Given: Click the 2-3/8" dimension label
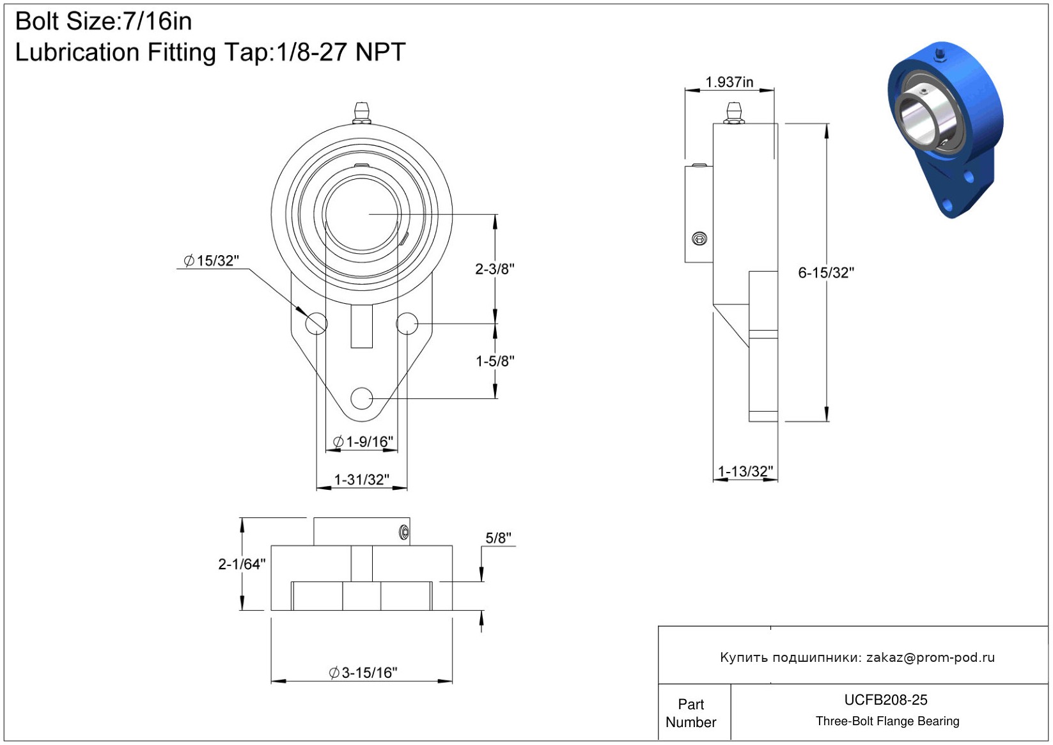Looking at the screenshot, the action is [495, 269].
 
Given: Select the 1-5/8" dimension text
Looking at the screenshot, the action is [495, 361].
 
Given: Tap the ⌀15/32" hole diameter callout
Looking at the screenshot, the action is [211, 260].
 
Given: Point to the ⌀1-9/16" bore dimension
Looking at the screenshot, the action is [363, 442].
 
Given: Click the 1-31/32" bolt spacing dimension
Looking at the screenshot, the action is [361, 479].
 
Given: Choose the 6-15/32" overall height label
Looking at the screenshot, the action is [826, 272].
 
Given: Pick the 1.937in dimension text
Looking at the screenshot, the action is [729, 82].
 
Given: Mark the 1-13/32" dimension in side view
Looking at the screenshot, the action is [745, 471].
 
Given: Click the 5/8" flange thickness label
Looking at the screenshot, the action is [498, 538].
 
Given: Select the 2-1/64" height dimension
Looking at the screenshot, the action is [242, 564].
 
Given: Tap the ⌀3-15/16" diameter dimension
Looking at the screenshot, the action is [363, 673].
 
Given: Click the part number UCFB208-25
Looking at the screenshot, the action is [885, 700].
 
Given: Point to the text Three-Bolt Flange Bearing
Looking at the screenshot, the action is [887, 721].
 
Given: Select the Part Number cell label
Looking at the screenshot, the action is [690, 713].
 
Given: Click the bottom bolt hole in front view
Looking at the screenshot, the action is [361, 398].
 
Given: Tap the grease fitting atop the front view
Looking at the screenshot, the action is [361, 113].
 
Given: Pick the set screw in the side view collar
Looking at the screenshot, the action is [699, 239].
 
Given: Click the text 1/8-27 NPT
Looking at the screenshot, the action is [340, 52].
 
